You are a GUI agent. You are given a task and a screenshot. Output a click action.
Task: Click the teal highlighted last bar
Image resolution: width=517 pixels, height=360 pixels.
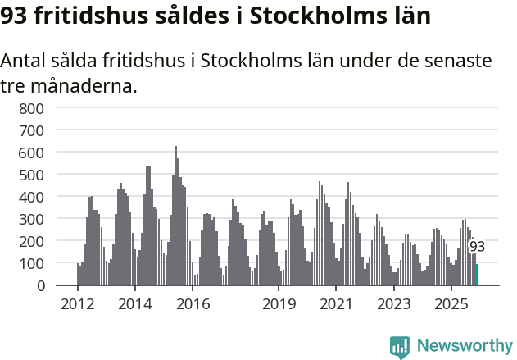click(477, 275)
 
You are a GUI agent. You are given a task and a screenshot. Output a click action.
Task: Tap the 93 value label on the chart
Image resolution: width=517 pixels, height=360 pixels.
click(477, 247)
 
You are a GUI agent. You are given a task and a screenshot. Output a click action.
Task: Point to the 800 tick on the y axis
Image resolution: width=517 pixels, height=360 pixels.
click(30, 108)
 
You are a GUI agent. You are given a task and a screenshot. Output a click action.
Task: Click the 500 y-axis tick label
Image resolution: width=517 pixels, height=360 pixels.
click(30, 175)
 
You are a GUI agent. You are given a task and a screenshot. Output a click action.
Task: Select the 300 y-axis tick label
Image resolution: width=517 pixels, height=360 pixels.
click(30, 219)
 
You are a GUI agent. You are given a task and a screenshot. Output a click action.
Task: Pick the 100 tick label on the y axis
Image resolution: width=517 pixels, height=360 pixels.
click(30, 263)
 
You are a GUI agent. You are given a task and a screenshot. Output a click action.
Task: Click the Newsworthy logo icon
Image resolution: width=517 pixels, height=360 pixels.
click(400, 346)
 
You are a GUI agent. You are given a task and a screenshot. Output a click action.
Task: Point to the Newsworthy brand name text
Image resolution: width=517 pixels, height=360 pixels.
click(465, 346)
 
